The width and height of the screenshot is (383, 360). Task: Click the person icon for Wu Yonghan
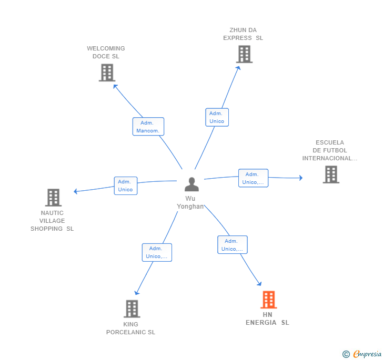click(x=191, y=184)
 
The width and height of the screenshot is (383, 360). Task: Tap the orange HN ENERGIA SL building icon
click(x=268, y=300)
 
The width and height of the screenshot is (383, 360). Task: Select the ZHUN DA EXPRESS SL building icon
click(x=244, y=54)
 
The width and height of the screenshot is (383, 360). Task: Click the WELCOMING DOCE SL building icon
click(x=107, y=73)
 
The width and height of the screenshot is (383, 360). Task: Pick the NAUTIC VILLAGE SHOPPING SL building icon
click(x=53, y=198)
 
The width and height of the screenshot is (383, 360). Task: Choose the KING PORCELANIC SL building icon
click(x=132, y=308)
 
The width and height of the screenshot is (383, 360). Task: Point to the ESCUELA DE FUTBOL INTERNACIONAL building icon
click(x=330, y=174)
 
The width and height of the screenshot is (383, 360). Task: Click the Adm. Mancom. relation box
click(x=148, y=127)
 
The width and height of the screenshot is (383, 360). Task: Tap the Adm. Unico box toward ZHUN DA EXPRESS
click(x=216, y=117)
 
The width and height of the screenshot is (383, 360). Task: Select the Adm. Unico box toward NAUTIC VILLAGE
click(x=125, y=186)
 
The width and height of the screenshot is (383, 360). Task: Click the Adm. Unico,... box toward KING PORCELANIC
click(x=157, y=252)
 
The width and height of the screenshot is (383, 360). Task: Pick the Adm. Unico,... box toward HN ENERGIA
click(x=232, y=245)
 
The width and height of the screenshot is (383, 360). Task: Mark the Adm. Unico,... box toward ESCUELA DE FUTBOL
click(x=253, y=178)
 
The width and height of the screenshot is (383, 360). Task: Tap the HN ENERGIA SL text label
click(x=267, y=318)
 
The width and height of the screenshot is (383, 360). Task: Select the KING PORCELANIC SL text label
click(x=130, y=328)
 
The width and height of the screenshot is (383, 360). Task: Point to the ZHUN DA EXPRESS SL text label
click(x=243, y=34)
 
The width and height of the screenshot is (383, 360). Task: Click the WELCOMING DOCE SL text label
click(x=106, y=52)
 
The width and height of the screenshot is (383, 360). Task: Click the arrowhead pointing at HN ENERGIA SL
click(x=259, y=284)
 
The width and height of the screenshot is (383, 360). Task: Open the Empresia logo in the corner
click(x=362, y=354)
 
